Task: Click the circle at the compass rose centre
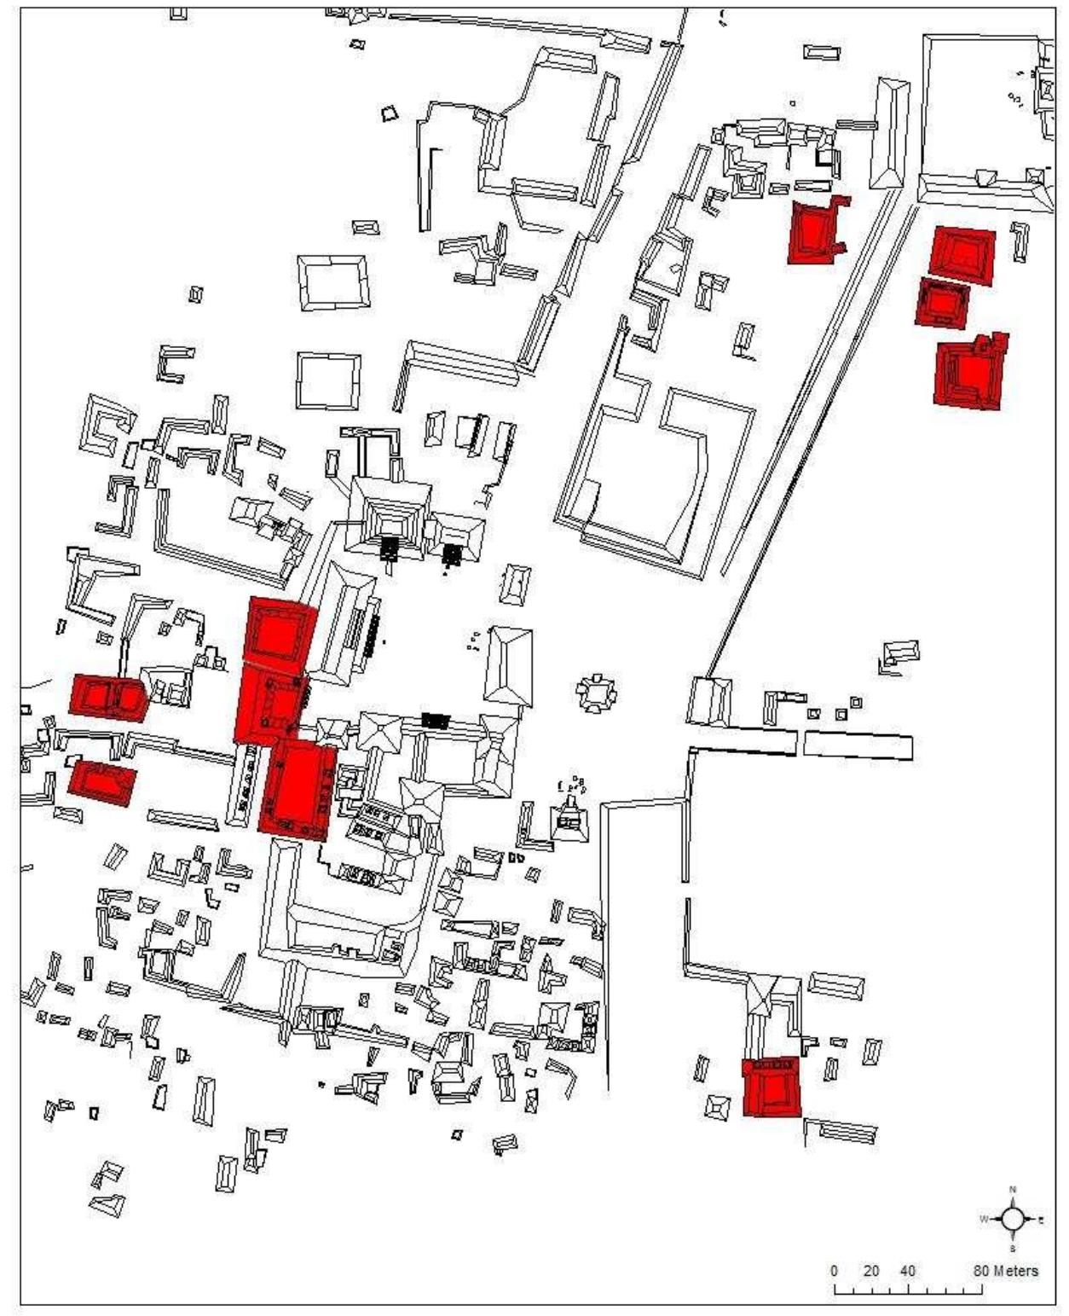pyautogui.click(x=1012, y=1219)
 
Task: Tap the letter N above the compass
pyautogui.click(x=1013, y=1189)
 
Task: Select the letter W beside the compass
pyautogui.click(x=984, y=1219)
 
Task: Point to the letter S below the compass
pyautogui.click(x=1013, y=1249)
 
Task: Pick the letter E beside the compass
pyautogui.click(x=1041, y=1220)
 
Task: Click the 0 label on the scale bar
pyautogui.click(x=835, y=1271)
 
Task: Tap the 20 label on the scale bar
pyautogui.click(x=871, y=1271)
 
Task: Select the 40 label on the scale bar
pyautogui.click(x=908, y=1271)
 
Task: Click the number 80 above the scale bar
pyautogui.click(x=982, y=1271)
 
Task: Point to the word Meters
pyautogui.click(x=1016, y=1271)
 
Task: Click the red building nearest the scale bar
pyautogui.click(x=771, y=1087)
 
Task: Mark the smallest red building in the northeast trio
pyautogui.click(x=943, y=302)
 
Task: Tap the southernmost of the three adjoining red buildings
pyautogui.click(x=298, y=789)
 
